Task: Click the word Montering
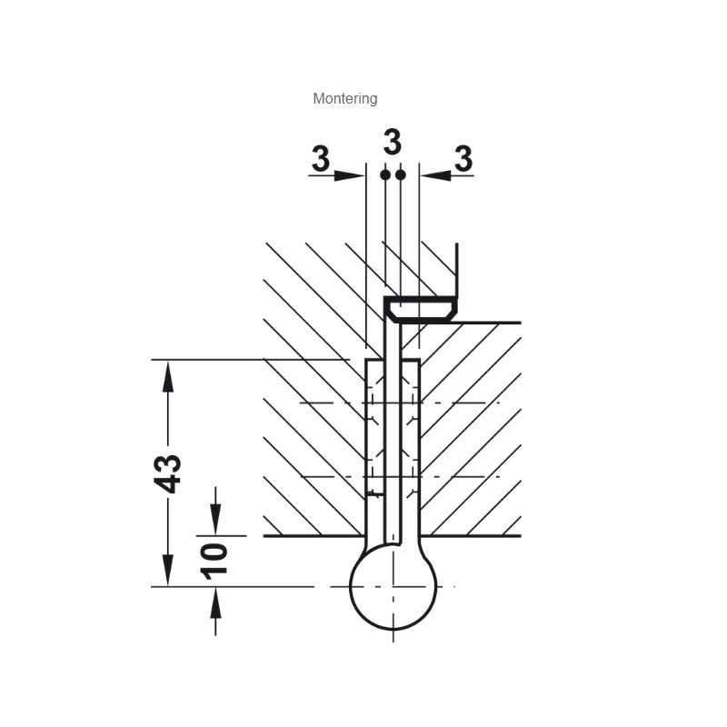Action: click(345, 99)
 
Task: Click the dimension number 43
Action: click(168, 473)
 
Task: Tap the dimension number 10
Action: click(214, 562)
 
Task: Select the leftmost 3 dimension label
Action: click(321, 158)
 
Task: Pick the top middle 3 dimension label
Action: click(393, 142)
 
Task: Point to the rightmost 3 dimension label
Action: click(463, 158)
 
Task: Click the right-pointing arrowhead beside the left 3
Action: click(349, 175)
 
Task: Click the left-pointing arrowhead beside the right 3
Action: click(436, 175)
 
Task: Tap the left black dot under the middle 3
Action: click(384, 174)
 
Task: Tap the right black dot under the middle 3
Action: click(401, 174)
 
